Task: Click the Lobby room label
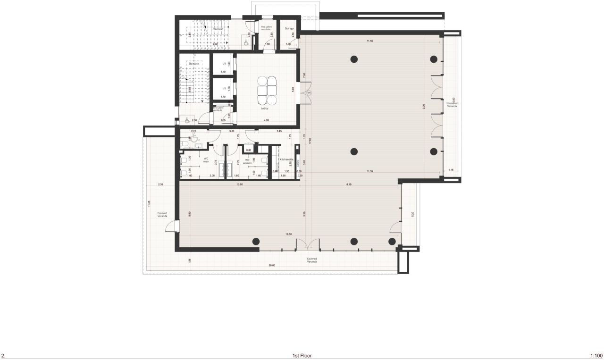pyautogui.click(x=265, y=109)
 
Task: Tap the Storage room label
pyautogui.click(x=289, y=28)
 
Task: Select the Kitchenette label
pyautogui.click(x=286, y=159)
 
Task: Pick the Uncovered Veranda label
pyautogui.click(x=452, y=104)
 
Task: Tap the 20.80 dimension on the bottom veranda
pyautogui.click(x=272, y=265)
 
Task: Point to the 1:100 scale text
pyautogui.click(x=596, y=356)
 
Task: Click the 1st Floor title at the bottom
pyautogui.click(x=302, y=356)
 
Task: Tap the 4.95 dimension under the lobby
pyautogui.click(x=267, y=120)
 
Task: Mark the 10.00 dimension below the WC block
pyautogui.click(x=239, y=184)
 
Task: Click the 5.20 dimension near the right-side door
pyautogui.click(x=412, y=214)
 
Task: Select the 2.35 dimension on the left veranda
pyautogui.click(x=160, y=184)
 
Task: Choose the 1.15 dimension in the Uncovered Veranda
pyautogui.click(x=451, y=170)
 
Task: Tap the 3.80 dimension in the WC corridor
pyautogui.click(x=232, y=131)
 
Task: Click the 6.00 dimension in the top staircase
pyautogui.click(x=216, y=44)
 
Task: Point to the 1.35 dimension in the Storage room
pyautogui.click(x=288, y=44)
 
